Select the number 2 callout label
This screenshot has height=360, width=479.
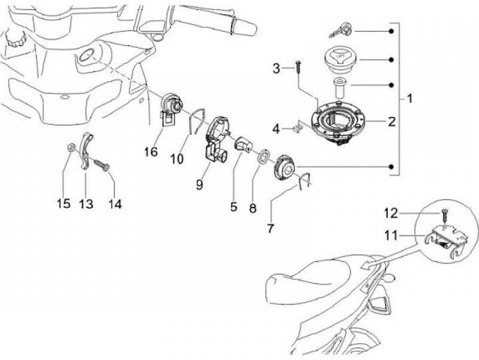(x=392, y=122)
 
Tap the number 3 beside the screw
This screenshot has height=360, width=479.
(x=277, y=68)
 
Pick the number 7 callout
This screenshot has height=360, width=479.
(x=271, y=228)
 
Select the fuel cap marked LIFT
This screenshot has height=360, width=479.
(x=339, y=58)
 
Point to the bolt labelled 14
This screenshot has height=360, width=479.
(x=102, y=163)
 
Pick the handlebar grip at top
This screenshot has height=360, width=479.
(x=239, y=26)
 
